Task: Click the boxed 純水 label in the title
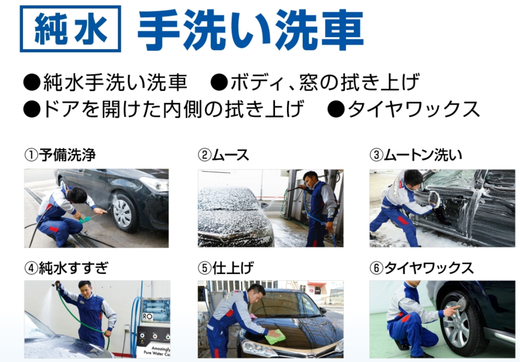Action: (70, 29)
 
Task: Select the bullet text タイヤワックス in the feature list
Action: (413, 109)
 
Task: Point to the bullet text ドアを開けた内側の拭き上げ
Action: (173, 109)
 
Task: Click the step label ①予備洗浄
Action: (60, 155)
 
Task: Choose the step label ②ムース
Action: (223, 155)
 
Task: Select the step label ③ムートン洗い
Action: (416, 155)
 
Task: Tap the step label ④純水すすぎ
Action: (67, 267)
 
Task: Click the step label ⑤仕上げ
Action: (226, 267)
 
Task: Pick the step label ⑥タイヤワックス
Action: (422, 267)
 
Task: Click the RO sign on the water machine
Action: (147, 317)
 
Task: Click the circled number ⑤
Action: (205, 268)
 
